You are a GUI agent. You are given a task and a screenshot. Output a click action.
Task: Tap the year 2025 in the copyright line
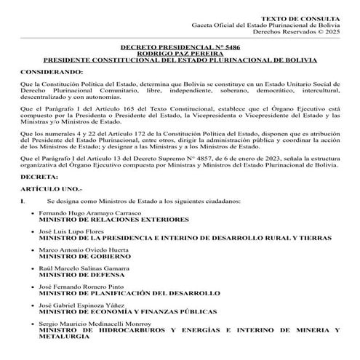pyautogui.click(x=338, y=31)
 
